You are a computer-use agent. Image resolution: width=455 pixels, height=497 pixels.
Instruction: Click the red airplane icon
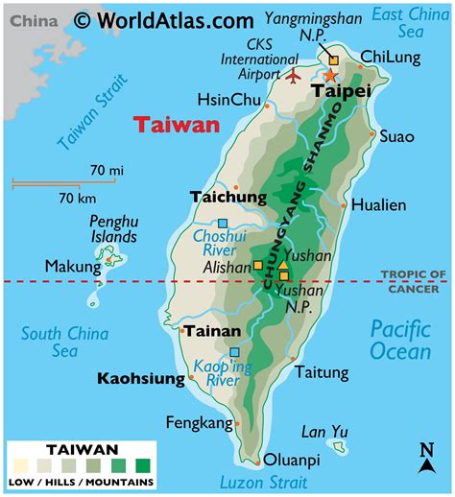click(294, 74)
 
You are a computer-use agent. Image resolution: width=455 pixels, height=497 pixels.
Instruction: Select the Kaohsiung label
click(140, 379)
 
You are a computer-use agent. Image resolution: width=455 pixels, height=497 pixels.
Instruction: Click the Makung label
click(68, 265)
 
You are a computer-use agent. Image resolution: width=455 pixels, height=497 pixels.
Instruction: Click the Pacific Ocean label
click(400, 339)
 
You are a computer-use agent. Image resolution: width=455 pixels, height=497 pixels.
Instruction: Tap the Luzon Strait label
click(263, 483)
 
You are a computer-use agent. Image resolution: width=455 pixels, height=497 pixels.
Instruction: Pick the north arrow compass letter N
click(425, 449)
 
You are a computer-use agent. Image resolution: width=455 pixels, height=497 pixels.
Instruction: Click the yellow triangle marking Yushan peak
click(283, 266)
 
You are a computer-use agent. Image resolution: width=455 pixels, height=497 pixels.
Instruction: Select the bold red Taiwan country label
click(177, 125)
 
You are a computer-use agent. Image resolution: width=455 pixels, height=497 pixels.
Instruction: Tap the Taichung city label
click(227, 197)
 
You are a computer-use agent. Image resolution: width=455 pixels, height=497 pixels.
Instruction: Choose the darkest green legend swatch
click(143, 465)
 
